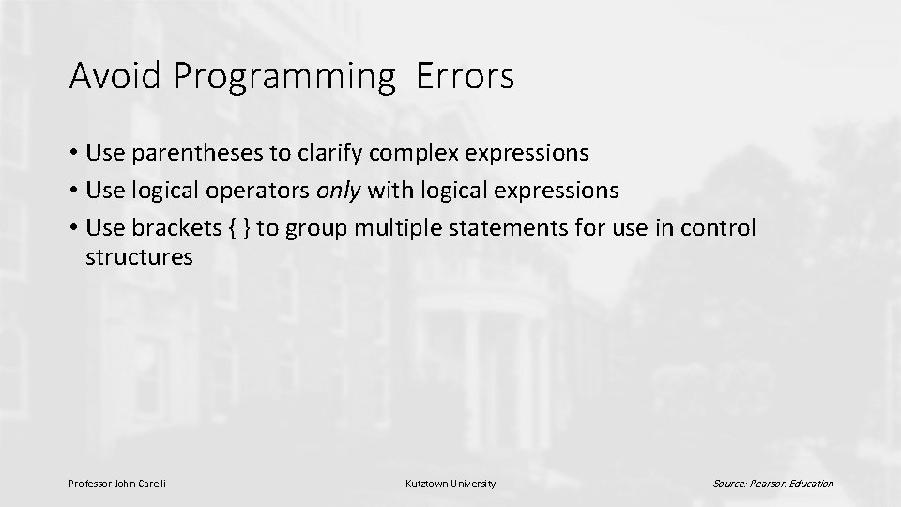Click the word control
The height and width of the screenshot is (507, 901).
click(x=722, y=230)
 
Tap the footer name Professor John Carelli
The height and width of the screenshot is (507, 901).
click(x=118, y=484)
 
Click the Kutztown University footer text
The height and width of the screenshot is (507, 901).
click(x=450, y=484)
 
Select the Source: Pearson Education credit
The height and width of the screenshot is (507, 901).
click(x=772, y=484)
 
